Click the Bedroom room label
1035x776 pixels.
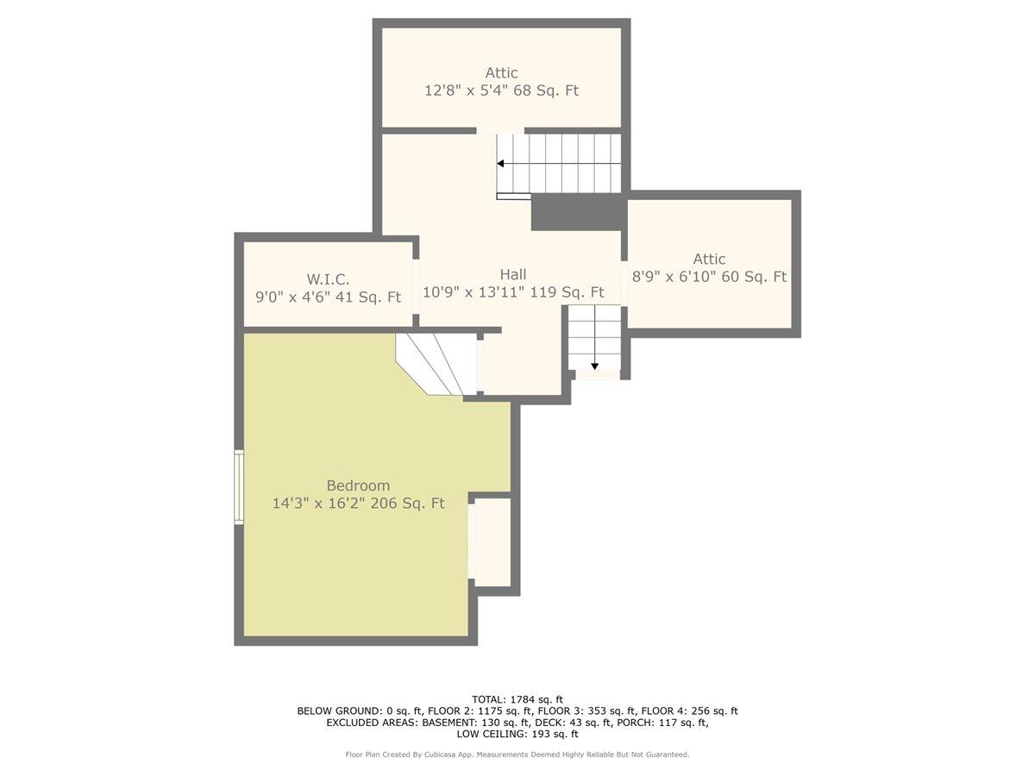tap(358, 485)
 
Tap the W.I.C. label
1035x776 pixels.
tap(329, 279)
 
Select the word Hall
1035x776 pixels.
tap(513, 274)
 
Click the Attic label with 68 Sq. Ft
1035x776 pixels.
tap(502, 72)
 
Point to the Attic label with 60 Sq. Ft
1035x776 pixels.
tap(709, 259)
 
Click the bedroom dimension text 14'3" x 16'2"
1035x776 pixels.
tap(317, 504)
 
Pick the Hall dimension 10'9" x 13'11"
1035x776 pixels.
tap(474, 292)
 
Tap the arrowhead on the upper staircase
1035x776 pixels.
tap(501, 164)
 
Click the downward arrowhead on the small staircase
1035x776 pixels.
tap(594, 366)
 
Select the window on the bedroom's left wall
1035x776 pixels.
tap(239, 486)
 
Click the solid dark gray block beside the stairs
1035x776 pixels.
tap(576, 212)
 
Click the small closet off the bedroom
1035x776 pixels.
tap(492, 541)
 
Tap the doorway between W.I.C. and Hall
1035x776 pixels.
tap(416, 286)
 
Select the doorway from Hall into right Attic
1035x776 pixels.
tap(624, 284)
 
